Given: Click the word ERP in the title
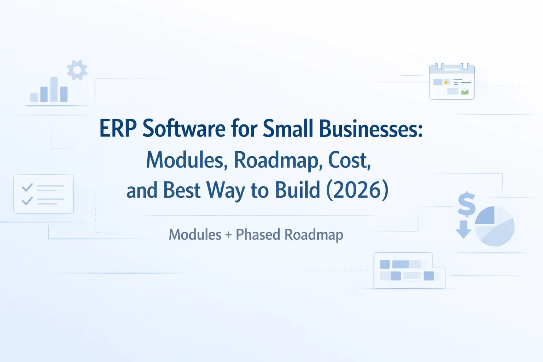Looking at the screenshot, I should (118, 128).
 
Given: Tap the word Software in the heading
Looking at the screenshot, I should (184, 128).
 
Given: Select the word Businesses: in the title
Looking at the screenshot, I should (371, 128).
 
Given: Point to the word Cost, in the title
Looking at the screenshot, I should (349, 160).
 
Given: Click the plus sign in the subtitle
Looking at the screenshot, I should (228, 235).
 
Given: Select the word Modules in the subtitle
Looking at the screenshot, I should (195, 234).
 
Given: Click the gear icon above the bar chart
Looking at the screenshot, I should (77, 70).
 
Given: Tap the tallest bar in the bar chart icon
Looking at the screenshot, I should (54, 89).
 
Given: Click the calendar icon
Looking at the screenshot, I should (452, 82).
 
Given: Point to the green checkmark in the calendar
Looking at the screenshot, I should (465, 92).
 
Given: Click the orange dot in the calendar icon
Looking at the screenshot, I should (446, 82).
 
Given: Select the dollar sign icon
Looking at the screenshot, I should (466, 204).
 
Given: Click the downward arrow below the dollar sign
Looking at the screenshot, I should (463, 229).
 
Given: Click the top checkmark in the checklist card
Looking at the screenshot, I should (27, 187).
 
